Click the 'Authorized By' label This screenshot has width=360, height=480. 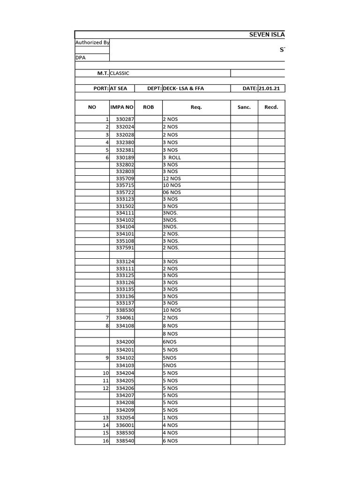[92, 43]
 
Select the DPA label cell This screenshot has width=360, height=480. [81, 58]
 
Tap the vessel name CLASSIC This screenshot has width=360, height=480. [120, 74]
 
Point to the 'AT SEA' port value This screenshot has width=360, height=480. [118, 89]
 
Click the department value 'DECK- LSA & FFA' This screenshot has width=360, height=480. [183, 89]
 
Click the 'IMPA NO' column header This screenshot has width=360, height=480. [122, 107]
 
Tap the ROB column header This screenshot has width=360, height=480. [148, 107]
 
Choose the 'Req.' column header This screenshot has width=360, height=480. [196, 107]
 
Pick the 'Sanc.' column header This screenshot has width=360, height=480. [244, 107]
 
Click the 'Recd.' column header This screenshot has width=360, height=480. [271, 107]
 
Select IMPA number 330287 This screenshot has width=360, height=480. [125, 120]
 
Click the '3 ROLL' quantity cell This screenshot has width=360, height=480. [172, 158]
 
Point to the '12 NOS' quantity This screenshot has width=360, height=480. [172, 179]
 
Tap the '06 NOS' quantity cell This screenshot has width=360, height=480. [172, 192]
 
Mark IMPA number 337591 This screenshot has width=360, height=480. [125, 247]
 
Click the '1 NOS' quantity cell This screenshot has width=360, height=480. [170, 418]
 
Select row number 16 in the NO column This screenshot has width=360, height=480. [105, 441]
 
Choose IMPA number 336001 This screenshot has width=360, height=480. [125, 425]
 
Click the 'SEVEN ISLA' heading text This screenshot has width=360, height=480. [266, 35]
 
